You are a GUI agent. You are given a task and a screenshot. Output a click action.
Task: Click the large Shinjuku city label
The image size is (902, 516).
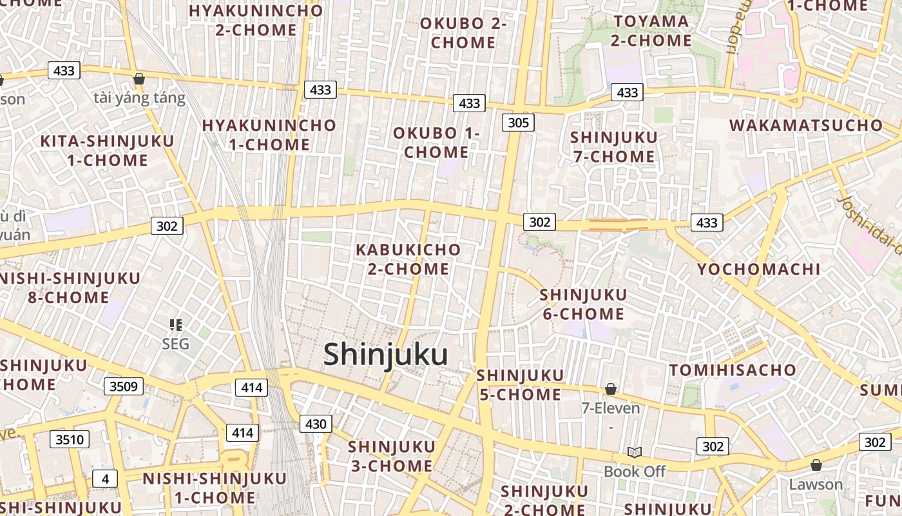pyautogui.click(x=385, y=355)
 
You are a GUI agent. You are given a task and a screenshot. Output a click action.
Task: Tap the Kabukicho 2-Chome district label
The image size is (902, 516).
pyautogui.click(x=408, y=259)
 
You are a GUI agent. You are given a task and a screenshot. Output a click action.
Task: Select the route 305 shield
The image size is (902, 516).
pyautogui.click(x=518, y=123)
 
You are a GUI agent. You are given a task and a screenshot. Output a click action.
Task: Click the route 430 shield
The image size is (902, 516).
pyautogui.click(x=316, y=424)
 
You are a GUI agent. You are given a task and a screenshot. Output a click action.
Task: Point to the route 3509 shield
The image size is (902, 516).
pyautogui.click(x=124, y=386)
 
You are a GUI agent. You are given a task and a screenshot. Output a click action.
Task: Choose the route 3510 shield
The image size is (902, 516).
pyautogui.click(x=70, y=440)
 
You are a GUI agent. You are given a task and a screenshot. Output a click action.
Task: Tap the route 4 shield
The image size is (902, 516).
pyautogui.click(x=105, y=479)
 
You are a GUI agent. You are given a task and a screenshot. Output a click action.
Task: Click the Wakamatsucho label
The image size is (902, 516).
pyautogui.click(x=805, y=125)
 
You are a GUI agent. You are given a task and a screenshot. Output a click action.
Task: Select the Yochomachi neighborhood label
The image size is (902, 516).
pyautogui.click(x=758, y=270)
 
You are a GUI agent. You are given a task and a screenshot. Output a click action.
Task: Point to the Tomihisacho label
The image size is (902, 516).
pyautogui.click(x=733, y=370)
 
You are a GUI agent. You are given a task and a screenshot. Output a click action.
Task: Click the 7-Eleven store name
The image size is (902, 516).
pyautogui.click(x=611, y=408)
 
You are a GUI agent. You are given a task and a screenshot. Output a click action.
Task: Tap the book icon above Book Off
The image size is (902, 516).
pyautogui.click(x=635, y=453)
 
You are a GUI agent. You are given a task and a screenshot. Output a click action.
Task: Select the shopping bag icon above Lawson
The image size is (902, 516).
pyautogui.click(x=816, y=465)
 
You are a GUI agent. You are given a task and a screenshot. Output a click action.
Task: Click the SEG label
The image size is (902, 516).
pyautogui.click(x=175, y=344)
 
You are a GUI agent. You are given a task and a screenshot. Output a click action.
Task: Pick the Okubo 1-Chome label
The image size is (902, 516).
pyautogui.click(x=436, y=143)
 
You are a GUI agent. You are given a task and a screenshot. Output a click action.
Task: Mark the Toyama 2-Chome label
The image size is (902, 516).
pyautogui.click(x=651, y=31)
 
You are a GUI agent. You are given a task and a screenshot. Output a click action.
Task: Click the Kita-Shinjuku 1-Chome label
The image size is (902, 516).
pyautogui.click(x=107, y=151)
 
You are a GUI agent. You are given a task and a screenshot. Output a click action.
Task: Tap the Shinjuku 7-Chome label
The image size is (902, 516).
pyautogui.click(x=613, y=147)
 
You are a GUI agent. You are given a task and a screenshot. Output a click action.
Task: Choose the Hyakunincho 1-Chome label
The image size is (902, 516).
pyautogui.click(x=269, y=135)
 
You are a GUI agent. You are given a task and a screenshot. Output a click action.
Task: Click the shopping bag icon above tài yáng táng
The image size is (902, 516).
pyautogui.click(x=139, y=79)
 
